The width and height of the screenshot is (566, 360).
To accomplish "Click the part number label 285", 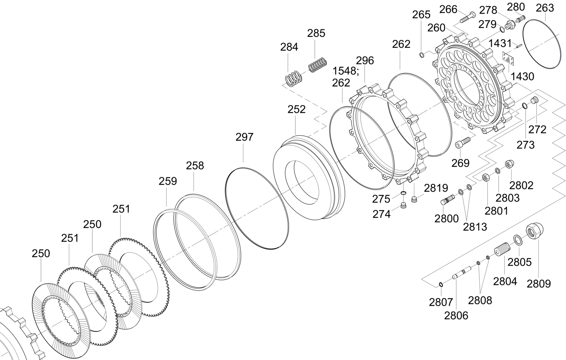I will [x=316, y=33].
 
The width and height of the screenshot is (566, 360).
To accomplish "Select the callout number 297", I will [x=244, y=137].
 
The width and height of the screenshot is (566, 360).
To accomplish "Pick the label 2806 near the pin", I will [x=456, y=315].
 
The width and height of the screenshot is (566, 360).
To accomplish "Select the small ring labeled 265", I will [x=422, y=55].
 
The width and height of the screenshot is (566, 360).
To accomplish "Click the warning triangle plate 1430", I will [x=508, y=58].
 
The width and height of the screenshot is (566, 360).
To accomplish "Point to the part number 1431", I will [x=500, y=44].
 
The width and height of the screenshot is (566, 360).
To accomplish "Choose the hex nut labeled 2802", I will [x=509, y=164].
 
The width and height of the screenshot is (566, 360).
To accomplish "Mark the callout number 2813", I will [x=475, y=227].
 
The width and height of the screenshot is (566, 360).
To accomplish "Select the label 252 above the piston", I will [x=296, y=109].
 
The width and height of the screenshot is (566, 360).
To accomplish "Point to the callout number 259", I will [x=168, y=181].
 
